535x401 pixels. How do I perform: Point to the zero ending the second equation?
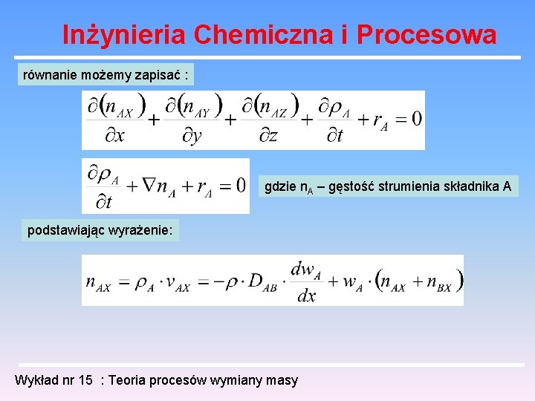pyautogui.click(x=240, y=184)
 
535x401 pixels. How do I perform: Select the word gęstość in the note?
pyautogui.click(x=351, y=187)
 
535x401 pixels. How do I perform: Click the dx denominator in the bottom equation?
pyautogui.click(x=306, y=296)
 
